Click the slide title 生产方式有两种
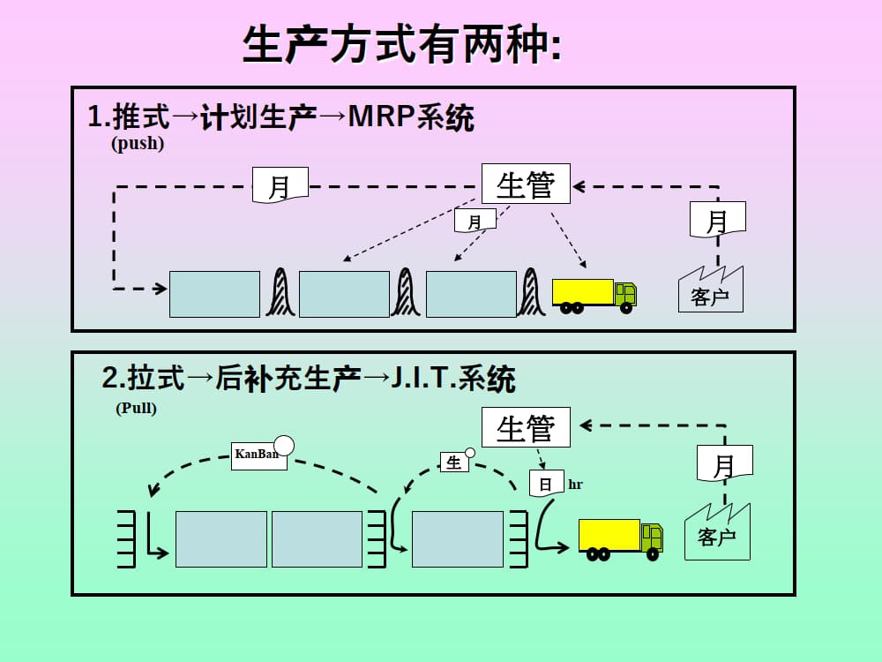tap(401, 45)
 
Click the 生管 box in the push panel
tap(526, 184)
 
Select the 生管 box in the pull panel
tap(526, 428)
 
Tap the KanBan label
tap(258, 455)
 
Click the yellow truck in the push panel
tap(594, 296)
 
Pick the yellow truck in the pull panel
tap(620, 539)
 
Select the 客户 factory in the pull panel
tap(717, 533)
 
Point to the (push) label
tap(138, 144)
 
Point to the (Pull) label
tap(136, 409)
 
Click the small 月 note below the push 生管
tap(475, 221)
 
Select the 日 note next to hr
tap(546, 484)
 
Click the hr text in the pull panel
tap(575, 485)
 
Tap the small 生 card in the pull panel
tap(454, 463)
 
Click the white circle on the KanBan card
tap(284, 445)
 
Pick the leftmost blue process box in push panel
tap(214, 294)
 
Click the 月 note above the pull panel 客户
tap(724, 463)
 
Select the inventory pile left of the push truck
tap(531, 293)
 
